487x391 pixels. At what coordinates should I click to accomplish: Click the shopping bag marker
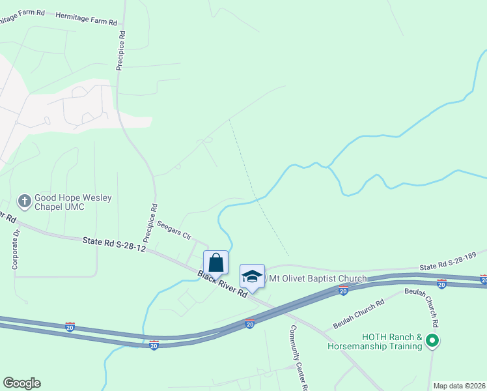pos(216,263)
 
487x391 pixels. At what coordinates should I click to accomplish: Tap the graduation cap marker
pos(252,276)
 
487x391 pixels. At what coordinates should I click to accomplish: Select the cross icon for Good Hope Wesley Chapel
pos(24,201)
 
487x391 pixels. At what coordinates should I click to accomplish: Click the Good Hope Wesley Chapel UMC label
pos(73,201)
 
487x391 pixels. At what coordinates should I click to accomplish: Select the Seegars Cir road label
pos(173,229)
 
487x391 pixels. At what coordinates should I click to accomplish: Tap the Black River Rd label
pos(223,283)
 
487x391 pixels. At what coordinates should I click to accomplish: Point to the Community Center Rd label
pos(298,357)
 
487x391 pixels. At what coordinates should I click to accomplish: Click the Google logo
pos(21,383)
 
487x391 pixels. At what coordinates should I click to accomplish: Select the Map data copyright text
pos(459,386)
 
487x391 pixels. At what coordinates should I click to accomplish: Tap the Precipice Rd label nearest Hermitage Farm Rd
pos(121,50)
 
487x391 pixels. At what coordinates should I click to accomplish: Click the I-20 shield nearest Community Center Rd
pos(250,323)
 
